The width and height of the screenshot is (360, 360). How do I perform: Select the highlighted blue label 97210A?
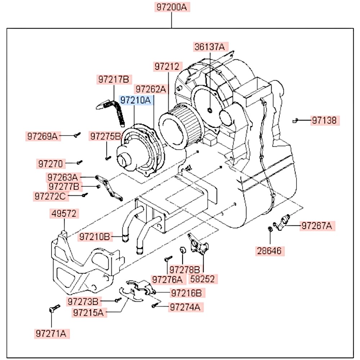[x=136, y=100]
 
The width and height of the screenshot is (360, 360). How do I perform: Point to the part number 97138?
[x=324, y=120]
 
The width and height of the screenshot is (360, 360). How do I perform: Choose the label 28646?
[x=270, y=251]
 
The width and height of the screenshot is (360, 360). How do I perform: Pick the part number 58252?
[x=204, y=279]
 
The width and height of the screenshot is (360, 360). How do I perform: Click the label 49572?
[x=63, y=214]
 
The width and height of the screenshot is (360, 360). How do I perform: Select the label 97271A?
[x=51, y=333]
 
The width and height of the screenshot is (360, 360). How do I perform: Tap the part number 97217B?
[x=114, y=80]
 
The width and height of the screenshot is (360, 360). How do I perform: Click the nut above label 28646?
[x=270, y=229]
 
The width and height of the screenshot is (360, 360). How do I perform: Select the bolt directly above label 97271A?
[x=53, y=309]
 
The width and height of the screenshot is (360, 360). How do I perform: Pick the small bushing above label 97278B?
[x=183, y=250]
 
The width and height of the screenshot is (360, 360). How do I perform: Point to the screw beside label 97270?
[x=80, y=163]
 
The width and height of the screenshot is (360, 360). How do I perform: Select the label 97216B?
[x=186, y=293]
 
